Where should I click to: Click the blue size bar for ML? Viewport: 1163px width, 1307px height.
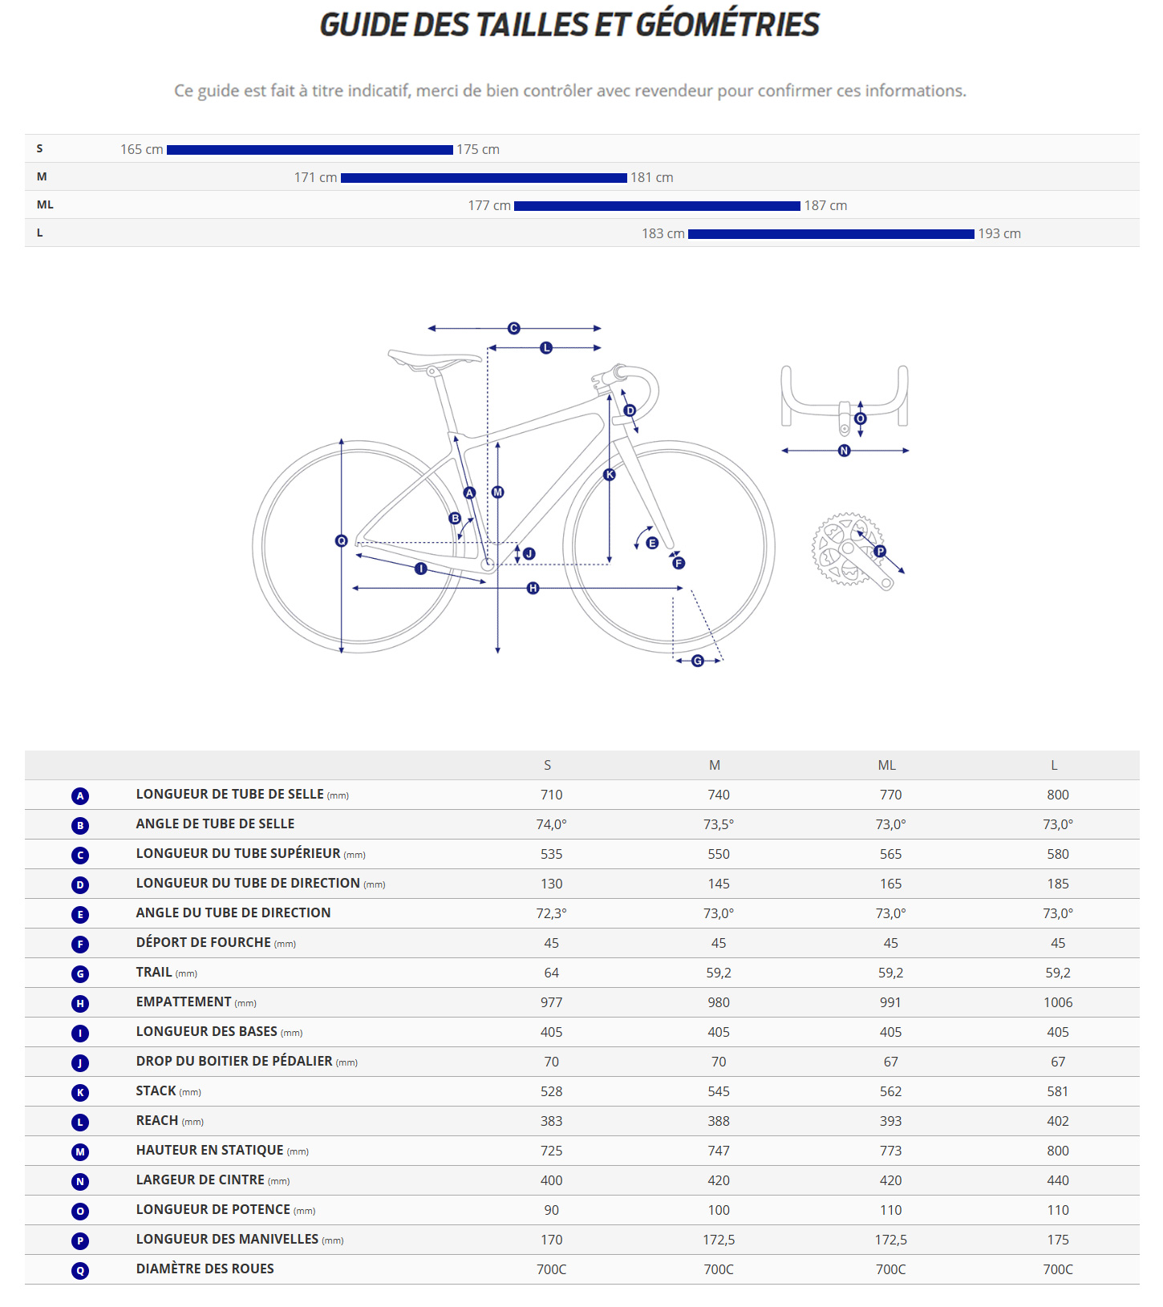(x=657, y=206)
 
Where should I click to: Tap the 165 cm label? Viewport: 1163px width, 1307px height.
(x=141, y=150)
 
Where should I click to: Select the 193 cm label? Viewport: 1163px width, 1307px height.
(x=999, y=234)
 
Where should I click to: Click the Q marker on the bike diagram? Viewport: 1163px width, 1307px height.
(x=341, y=541)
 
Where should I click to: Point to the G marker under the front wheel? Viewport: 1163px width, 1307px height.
(x=698, y=661)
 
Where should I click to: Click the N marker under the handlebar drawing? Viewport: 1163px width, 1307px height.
(x=844, y=451)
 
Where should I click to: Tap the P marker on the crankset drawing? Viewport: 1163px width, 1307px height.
(x=880, y=551)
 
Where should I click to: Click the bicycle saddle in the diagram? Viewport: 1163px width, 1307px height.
(x=433, y=358)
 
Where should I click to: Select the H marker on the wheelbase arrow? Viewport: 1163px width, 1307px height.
(x=533, y=589)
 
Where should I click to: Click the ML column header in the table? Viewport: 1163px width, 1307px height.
(x=886, y=766)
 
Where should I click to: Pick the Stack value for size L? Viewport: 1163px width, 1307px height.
(x=1057, y=1091)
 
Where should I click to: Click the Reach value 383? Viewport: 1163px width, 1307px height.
(x=551, y=1121)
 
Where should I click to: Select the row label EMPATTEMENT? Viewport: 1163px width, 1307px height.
(x=184, y=1002)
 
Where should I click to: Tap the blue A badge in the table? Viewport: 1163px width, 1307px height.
(x=80, y=795)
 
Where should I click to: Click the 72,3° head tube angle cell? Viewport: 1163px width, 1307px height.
(x=551, y=913)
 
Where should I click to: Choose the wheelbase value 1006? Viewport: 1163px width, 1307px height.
(x=1057, y=1002)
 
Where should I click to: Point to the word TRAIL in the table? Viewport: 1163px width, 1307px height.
(x=154, y=973)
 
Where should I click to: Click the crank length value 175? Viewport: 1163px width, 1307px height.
(x=1057, y=1240)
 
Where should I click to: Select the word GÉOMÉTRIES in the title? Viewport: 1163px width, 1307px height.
(x=727, y=25)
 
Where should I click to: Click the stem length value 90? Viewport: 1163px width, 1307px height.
(x=551, y=1210)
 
